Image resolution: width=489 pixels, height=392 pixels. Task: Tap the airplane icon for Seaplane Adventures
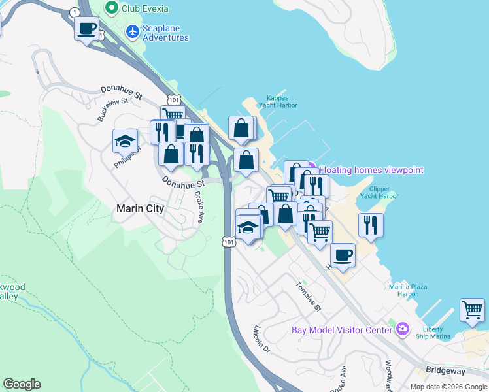133,31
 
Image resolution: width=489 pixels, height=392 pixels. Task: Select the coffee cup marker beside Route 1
86,29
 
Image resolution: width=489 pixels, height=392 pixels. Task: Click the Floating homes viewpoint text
371,170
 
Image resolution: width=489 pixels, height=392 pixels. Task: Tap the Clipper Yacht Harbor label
379,192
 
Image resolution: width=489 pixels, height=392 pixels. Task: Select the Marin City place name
139,208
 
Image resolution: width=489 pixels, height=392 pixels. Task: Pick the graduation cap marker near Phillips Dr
125,140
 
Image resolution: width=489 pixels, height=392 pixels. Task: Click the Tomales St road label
309,296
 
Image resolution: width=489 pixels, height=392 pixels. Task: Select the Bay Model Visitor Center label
341,329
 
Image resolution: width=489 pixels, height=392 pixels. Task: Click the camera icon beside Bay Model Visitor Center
403,329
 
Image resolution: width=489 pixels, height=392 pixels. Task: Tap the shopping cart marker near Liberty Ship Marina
472,310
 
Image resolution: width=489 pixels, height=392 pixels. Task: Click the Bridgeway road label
445,370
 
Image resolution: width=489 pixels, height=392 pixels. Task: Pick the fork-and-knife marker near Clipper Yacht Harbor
371,225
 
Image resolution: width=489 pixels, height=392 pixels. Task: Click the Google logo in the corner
22,384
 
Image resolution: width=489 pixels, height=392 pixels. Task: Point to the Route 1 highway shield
76,12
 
